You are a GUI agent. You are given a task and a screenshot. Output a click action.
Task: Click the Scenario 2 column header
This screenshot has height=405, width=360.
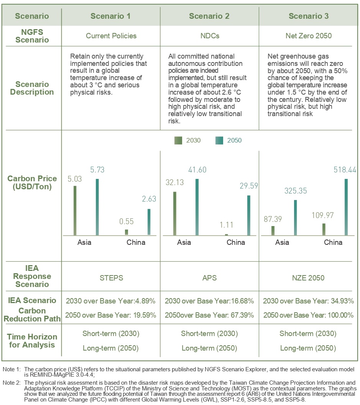(x=209, y=16)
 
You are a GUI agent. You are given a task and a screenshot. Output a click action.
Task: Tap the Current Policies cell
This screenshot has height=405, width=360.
(x=111, y=36)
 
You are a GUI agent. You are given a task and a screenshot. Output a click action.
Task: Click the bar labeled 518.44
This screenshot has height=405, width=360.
(x=346, y=207)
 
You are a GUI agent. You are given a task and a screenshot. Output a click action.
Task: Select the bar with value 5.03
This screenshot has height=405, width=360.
(x=75, y=211)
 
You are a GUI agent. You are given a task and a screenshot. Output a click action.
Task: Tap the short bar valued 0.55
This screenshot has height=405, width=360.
(x=127, y=232)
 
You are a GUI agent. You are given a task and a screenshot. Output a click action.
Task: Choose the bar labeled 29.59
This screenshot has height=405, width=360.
(x=249, y=215)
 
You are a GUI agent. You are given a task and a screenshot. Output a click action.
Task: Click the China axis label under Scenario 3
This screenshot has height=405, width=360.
(x=333, y=242)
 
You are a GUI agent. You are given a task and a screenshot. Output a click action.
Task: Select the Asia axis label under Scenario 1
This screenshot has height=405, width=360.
(x=84, y=242)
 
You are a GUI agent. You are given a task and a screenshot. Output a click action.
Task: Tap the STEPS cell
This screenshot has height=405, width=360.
(x=111, y=277)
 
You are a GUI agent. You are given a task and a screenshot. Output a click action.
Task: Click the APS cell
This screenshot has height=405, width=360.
(x=209, y=277)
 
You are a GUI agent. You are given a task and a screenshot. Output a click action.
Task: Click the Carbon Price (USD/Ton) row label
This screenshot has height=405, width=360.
(x=32, y=182)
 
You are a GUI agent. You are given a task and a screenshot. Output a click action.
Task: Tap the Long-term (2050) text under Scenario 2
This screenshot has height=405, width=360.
(x=209, y=348)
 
